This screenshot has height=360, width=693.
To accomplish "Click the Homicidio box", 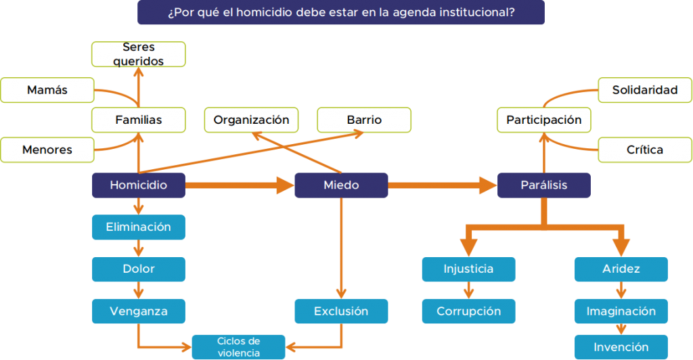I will click(x=138, y=185).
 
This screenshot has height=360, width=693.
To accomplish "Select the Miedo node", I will click(x=341, y=185).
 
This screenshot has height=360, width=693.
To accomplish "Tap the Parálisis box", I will click(x=543, y=185).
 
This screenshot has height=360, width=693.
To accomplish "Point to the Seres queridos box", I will click(x=138, y=54).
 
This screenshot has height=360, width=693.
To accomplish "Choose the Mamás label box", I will click(x=47, y=90).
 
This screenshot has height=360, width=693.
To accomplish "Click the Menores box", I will click(x=47, y=150).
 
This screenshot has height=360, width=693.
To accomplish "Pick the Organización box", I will click(x=251, y=120).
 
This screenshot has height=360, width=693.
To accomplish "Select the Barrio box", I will click(x=364, y=120).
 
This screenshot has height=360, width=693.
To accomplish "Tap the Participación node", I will click(x=543, y=120).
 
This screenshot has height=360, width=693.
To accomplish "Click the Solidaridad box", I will click(x=645, y=90).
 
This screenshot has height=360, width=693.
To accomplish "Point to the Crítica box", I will click(x=645, y=150).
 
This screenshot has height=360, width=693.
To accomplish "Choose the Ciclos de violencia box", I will click(x=238, y=346).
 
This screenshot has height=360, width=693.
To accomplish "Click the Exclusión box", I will click(x=341, y=311).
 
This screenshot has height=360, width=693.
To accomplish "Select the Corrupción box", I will click(x=468, y=311).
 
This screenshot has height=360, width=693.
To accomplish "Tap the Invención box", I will click(x=621, y=347).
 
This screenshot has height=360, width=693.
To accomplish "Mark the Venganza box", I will click(x=138, y=311).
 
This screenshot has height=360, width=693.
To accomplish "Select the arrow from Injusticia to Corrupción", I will click(x=468, y=290).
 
